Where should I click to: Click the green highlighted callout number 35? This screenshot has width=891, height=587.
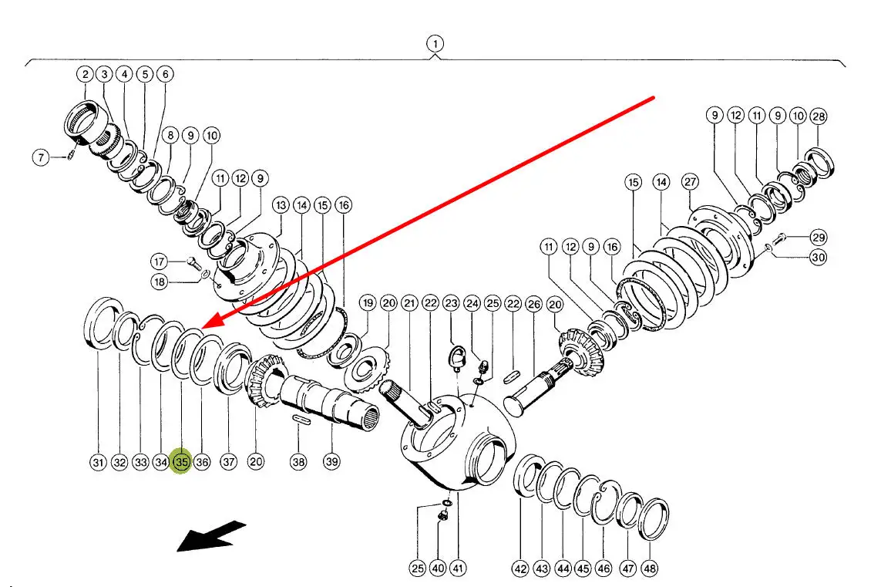point(182,461)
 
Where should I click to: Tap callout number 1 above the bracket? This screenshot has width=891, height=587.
point(435,44)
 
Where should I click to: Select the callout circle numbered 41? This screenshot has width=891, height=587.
point(457,568)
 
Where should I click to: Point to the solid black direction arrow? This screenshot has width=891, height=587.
point(211,536)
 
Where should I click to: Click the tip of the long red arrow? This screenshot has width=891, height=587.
point(202,328)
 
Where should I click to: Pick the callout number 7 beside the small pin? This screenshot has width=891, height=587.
point(41,157)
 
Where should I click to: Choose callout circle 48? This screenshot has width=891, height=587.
point(649,568)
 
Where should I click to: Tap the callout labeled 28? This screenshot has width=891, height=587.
point(819,116)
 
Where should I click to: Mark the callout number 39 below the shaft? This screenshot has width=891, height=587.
point(332,461)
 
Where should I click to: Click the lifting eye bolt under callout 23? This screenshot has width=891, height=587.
point(456,359)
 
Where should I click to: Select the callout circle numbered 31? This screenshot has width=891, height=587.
point(99,462)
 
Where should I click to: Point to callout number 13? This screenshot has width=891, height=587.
point(281,205)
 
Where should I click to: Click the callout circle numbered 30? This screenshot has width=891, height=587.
point(818,257)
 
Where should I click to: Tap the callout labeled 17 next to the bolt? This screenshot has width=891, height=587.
point(159,261)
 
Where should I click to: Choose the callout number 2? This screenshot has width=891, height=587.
point(85,75)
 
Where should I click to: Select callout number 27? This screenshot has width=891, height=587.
point(690,182)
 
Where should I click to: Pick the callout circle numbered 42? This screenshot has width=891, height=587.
point(520,568)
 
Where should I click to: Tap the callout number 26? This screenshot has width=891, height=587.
point(534,305)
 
